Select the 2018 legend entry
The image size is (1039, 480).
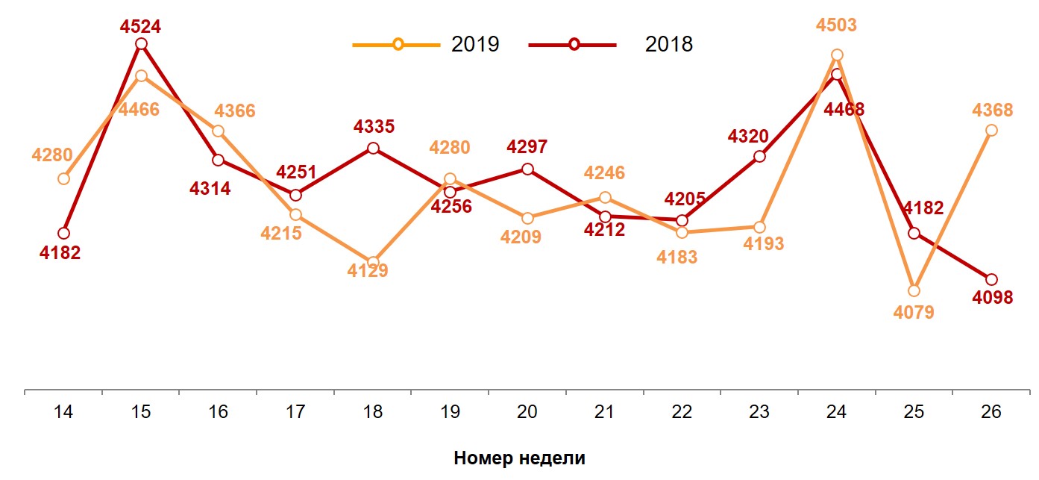(612, 45)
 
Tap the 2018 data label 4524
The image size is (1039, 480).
(141, 27)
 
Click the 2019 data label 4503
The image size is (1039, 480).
(836, 25)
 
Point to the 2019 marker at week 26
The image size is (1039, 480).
(991, 131)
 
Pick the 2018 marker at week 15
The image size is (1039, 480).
(141, 44)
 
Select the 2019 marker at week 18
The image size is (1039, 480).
(373, 262)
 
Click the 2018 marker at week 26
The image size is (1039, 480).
(991, 279)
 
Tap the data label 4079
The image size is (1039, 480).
(914, 312)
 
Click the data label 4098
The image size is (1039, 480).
(993, 298)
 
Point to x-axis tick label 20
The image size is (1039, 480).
(527, 412)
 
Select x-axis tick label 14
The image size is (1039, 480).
(63, 412)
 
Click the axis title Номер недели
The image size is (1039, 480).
(519, 458)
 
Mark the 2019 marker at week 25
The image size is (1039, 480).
(914, 290)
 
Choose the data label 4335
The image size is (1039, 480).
(374, 126)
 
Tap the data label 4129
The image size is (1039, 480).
(368, 271)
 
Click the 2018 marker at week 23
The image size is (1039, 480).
(759, 157)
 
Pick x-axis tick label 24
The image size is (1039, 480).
(836, 412)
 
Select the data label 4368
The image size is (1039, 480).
(993, 110)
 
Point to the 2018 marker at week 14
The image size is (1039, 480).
(63, 234)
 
